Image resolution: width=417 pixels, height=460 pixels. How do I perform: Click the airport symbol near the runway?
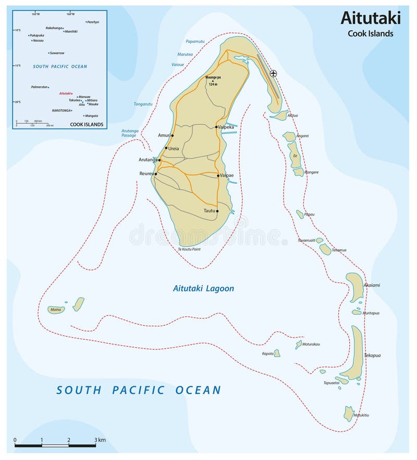tap(273, 74)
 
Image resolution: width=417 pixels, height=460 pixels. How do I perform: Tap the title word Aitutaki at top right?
tap(371, 18)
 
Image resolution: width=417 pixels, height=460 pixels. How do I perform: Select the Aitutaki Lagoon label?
tap(203, 288)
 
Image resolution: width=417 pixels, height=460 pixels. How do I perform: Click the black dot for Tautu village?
tap(217, 211)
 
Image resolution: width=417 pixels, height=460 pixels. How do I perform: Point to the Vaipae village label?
tap(227, 175)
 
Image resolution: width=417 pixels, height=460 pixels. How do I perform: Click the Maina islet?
tap(55, 310)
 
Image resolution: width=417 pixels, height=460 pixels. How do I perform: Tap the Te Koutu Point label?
tap(189, 250)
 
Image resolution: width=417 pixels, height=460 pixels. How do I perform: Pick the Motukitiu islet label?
tap(361, 415)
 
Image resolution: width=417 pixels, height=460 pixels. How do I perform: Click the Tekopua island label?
tap(372, 356)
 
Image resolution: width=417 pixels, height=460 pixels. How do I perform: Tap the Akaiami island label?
tap(372, 286)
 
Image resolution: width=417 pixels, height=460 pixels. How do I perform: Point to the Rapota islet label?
tap(267, 353)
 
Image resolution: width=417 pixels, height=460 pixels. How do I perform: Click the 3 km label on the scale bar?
tap(101, 440)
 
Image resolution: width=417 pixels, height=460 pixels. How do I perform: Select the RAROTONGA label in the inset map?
tap(62, 111)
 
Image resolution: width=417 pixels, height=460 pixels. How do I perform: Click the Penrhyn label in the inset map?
tap(93, 22)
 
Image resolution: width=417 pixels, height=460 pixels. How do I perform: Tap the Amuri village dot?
tap(172, 135)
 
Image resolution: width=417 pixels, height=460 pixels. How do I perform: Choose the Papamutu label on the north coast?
tap(195, 41)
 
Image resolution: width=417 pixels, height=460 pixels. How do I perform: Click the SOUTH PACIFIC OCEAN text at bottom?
tap(139, 390)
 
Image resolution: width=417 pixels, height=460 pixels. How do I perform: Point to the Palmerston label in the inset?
tap(40, 87)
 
